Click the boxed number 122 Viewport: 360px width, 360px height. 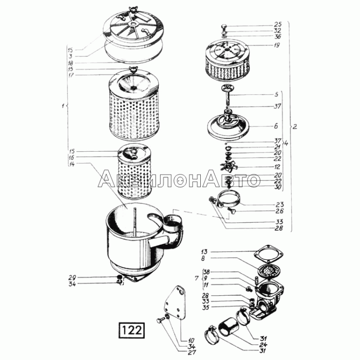pos(132,330)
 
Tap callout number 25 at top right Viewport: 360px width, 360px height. pos(278,24)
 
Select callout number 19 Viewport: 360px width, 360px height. pos(277,45)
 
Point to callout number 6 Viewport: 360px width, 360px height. pos(276,126)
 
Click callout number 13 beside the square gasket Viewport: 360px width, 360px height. pos(204,252)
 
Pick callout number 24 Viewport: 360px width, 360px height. pos(264,345)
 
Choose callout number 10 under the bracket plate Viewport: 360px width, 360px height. pos(191,341)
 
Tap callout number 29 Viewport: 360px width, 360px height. pos(72,277)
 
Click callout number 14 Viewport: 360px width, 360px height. pos(72,164)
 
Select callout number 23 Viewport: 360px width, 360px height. pos(279,204)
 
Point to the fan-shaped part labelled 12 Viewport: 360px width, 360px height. pos(229,166)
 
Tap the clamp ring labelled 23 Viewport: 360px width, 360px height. pos(229,198)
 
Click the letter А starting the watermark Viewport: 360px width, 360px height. pos(107,178)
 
